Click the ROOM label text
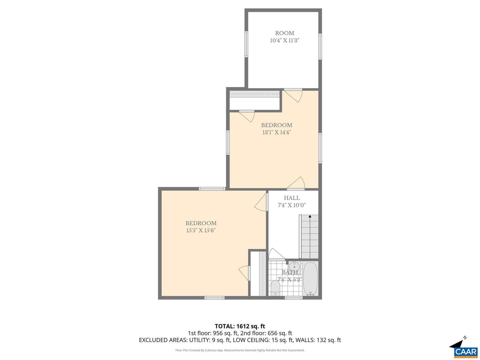(284, 33)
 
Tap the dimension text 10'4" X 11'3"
(284, 41)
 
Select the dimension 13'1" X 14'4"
(276, 132)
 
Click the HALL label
(292, 198)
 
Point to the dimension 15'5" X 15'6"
(201, 230)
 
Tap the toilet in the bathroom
(275, 288)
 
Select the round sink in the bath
(294, 267)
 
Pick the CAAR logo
(466, 352)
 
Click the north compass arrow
(459, 343)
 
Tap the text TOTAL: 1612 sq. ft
(240, 326)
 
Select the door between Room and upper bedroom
(295, 95)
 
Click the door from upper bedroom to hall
(297, 183)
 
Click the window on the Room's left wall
(247, 44)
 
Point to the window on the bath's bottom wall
(294, 298)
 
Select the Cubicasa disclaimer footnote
(240, 350)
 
